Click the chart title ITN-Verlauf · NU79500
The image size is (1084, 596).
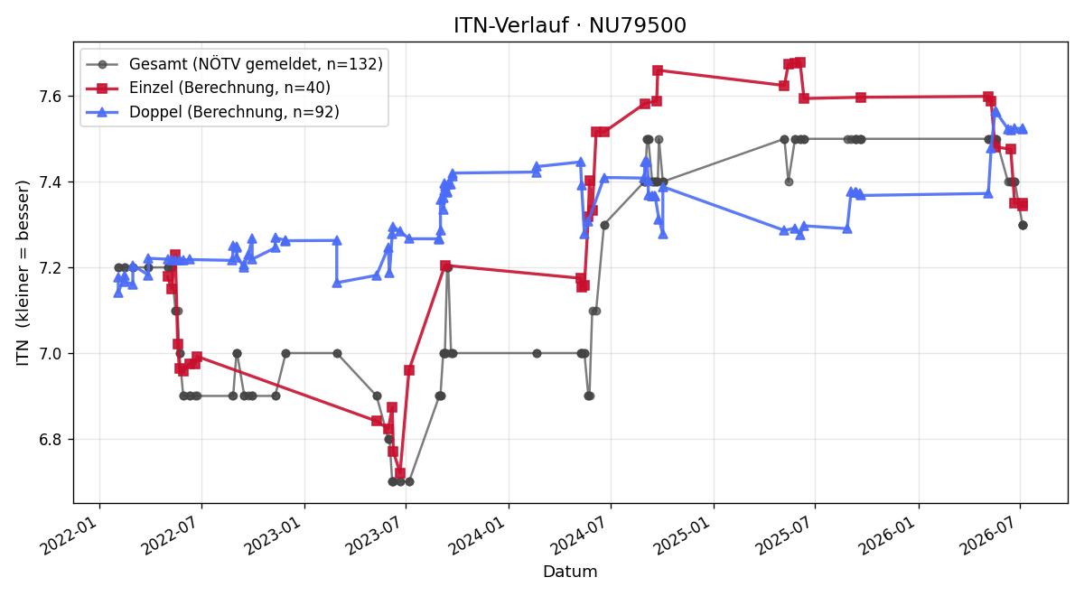pyautogui.click(x=570, y=25)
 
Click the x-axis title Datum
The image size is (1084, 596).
pyautogui.click(x=570, y=572)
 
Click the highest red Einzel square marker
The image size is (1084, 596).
pyautogui.click(x=800, y=62)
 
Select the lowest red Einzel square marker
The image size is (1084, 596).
pyautogui.click(x=400, y=473)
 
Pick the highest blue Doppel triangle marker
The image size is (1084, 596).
pyautogui.click(x=995, y=112)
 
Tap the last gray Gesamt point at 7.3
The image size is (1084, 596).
pyautogui.click(x=1023, y=226)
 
